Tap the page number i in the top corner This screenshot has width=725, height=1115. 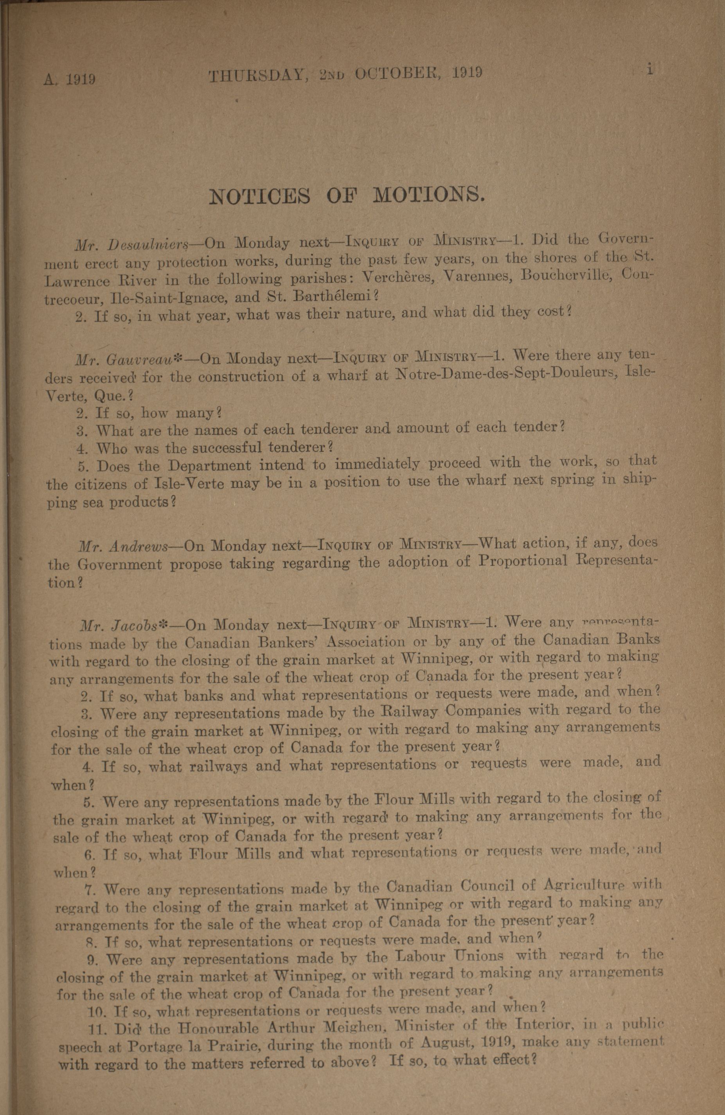(649, 68)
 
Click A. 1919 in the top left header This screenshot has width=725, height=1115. (70, 79)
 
